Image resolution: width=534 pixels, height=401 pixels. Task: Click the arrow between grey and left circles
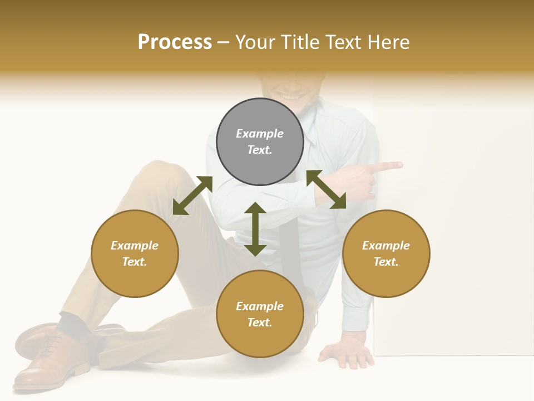tap(192, 195)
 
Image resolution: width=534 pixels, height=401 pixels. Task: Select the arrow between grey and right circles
tap(327, 189)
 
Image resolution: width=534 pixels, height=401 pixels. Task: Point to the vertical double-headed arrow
tap(255, 229)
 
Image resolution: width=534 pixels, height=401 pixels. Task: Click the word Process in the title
tap(175, 42)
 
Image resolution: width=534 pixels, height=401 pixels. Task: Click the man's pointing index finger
tap(389, 165)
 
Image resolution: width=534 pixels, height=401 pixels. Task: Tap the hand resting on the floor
tap(348, 353)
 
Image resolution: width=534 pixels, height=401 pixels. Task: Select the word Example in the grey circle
tap(260, 134)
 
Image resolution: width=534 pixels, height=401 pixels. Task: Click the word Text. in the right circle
tap(386, 262)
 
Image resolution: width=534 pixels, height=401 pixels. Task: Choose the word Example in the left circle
tap(135, 246)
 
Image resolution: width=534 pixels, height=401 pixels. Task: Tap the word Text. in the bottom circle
tap(260, 322)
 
